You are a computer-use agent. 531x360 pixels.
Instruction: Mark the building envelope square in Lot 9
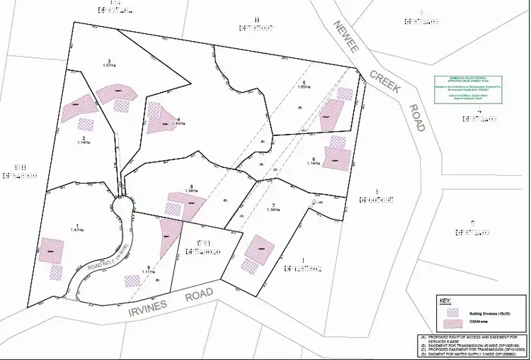pos(132,281)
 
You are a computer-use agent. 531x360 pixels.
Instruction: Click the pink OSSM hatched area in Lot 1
pos(51,249)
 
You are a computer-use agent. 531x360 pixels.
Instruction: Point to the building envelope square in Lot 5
pos(345,94)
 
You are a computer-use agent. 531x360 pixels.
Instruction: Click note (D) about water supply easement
pos(467,354)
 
